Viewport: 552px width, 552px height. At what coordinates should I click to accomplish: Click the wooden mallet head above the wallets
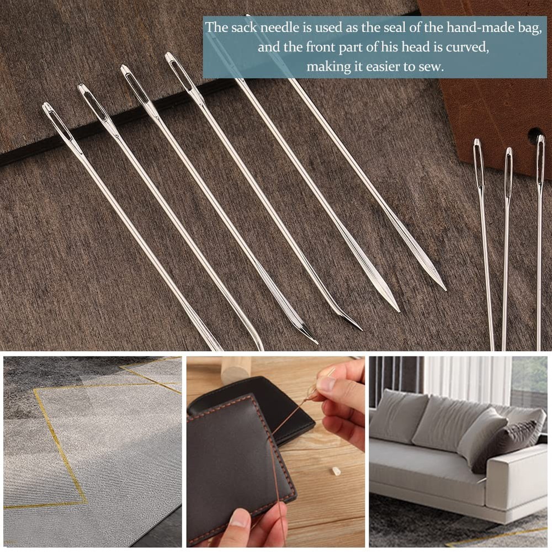236,369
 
